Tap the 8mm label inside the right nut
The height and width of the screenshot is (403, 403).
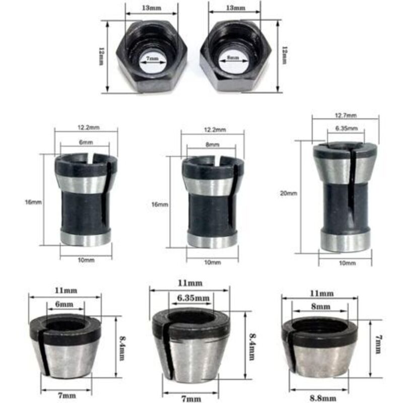(234, 58)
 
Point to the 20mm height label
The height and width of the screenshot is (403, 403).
(292, 193)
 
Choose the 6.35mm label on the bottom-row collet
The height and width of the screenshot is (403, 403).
(193, 298)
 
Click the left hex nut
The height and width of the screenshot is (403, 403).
(152, 57)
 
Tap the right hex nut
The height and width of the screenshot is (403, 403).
(235, 57)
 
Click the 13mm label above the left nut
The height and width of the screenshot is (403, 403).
(152, 9)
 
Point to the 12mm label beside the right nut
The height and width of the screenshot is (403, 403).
(284, 55)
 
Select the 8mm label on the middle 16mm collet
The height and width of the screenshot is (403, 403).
(212, 145)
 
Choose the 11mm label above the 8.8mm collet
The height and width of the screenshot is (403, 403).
(321, 293)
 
